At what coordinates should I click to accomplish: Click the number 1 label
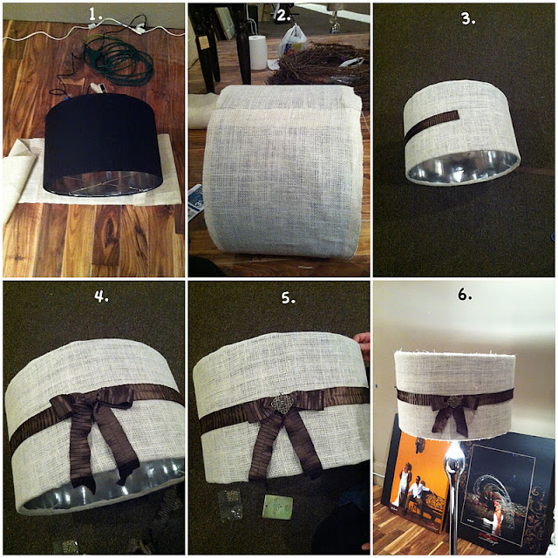click(x=95, y=14)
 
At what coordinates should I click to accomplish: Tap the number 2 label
click(x=283, y=15)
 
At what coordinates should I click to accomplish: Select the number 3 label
click(x=468, y=19)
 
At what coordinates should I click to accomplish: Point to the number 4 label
click(x=101, y=296)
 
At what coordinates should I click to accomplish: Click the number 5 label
click(x=289, y=297)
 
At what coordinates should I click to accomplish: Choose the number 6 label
click(x=465, y=295)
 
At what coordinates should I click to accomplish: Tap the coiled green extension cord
click(x=119, y=60)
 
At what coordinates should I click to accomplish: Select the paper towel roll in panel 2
click(x=257, y=52)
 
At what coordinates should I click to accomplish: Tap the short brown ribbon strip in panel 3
click(x=431, y=124)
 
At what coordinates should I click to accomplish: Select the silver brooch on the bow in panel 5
click(x=282, y=403)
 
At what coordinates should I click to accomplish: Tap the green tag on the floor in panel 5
click(x=277, y=507)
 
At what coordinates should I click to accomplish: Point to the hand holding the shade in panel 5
click(x=362, y=343)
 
